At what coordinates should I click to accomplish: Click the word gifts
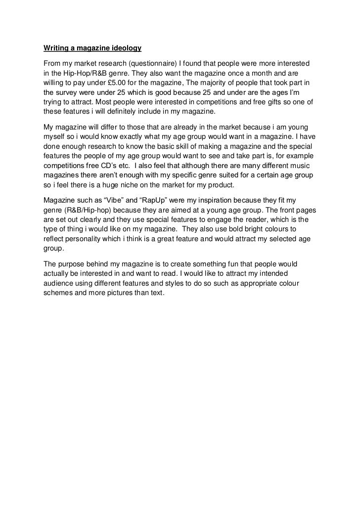270,101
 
